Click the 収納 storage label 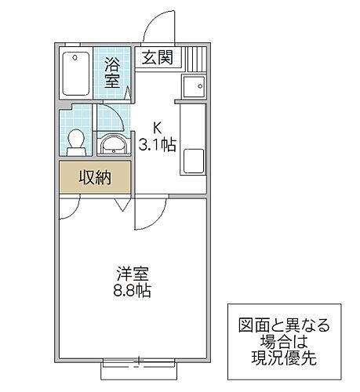(94, 177)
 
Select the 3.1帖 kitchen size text (157, 144)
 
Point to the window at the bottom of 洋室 (139, 362)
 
